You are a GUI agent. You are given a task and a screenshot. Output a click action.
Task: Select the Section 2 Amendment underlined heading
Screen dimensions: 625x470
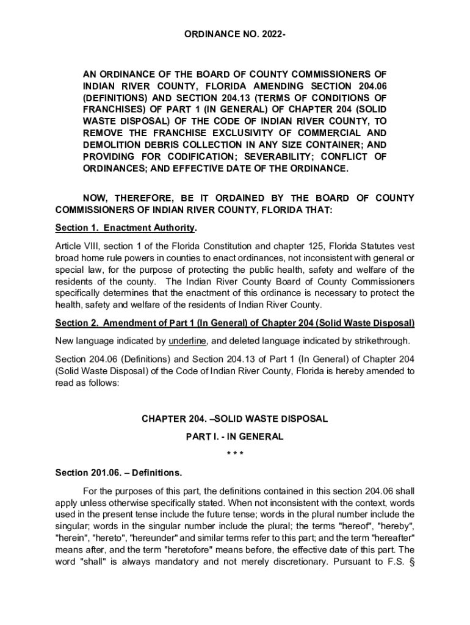click(x=235, y=322)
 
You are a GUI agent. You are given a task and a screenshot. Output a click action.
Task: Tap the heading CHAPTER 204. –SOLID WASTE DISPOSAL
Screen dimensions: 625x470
click(x=235, y=419)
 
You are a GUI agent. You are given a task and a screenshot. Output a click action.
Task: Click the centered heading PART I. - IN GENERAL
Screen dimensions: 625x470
click(x=235, y=437)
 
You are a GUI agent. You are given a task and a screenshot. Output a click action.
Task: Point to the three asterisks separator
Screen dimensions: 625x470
click(x=235, y=455)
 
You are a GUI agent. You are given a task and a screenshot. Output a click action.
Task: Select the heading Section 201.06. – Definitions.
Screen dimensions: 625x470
click(x=118, y=473)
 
